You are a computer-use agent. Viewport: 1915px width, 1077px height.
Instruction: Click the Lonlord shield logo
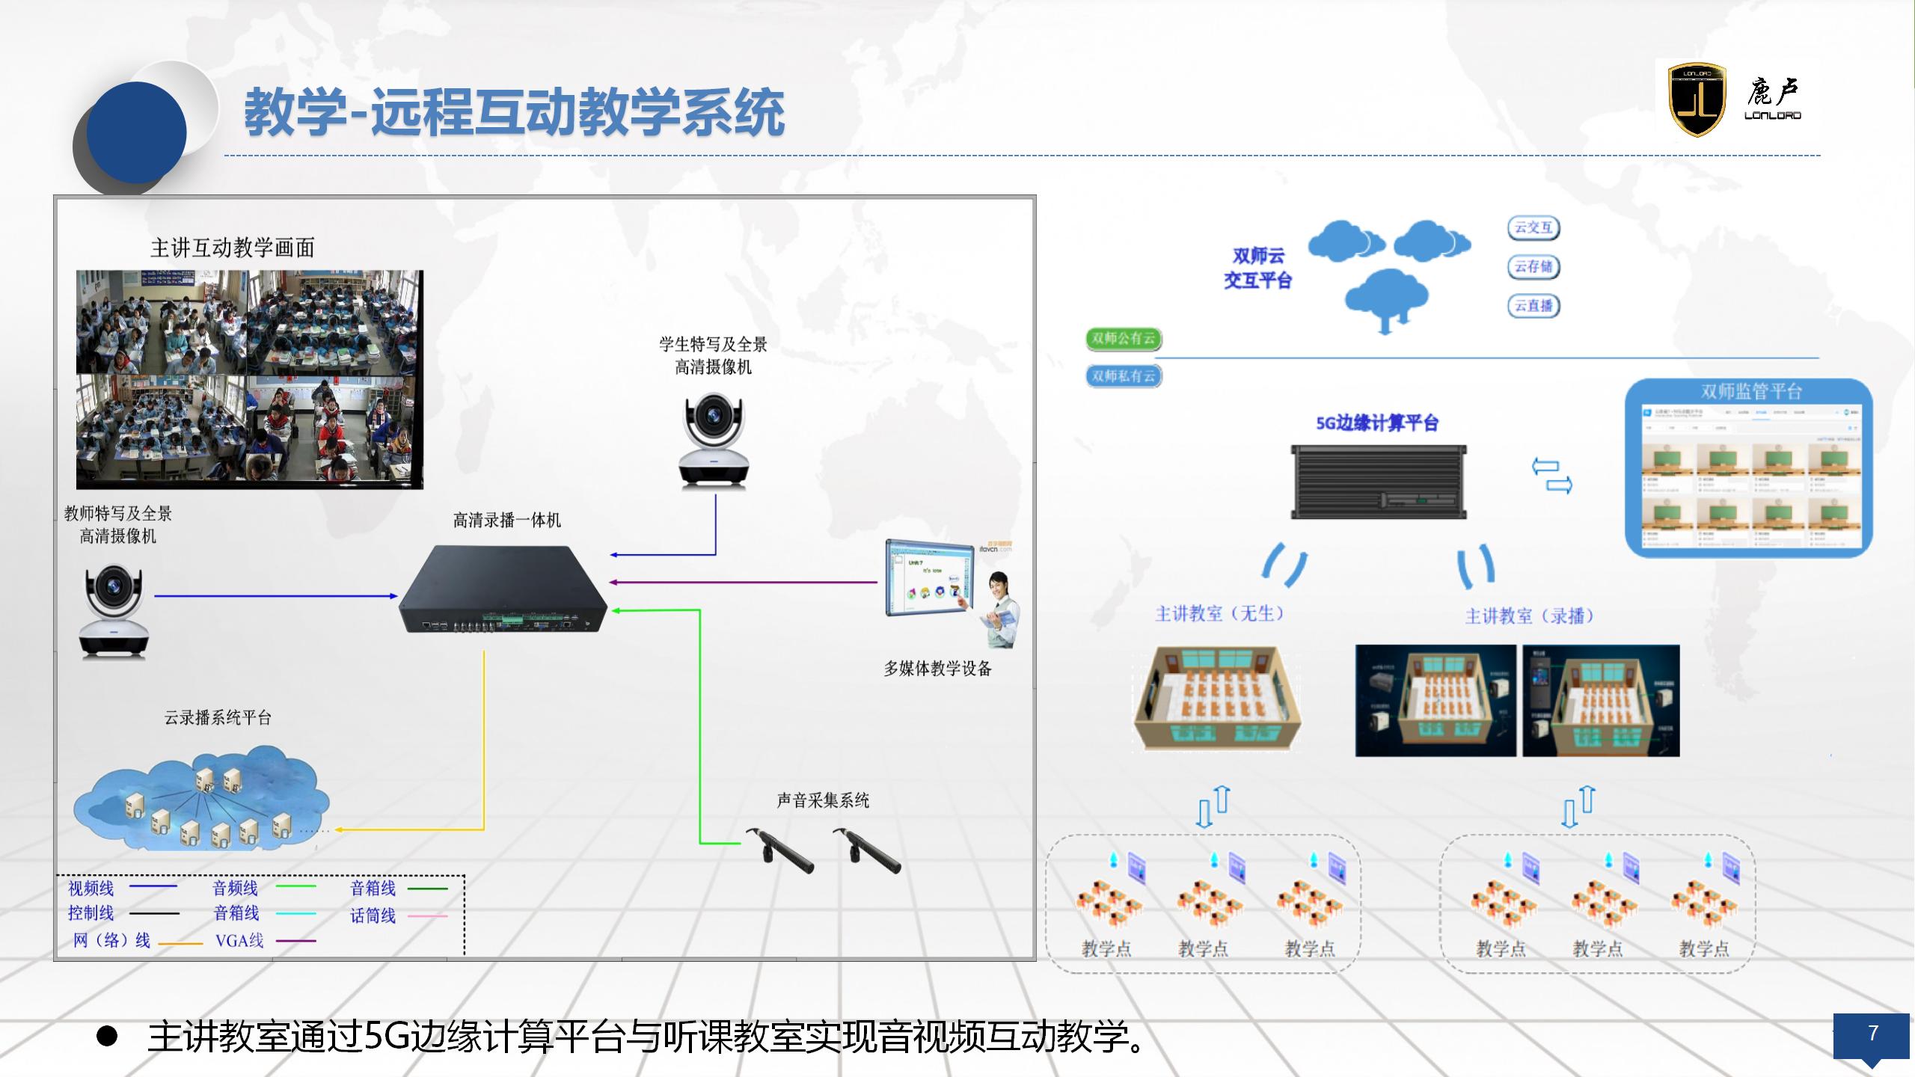(1697, 99)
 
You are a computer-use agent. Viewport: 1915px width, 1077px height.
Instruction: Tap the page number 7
(1872, 1033)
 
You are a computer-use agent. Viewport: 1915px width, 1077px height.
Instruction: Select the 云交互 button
(1533, 228)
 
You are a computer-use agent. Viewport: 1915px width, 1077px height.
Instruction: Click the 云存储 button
(1533, 267)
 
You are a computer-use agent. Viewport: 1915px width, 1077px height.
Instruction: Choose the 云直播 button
(1533, 306)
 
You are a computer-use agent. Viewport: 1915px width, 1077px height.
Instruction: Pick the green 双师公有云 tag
(1123, 338)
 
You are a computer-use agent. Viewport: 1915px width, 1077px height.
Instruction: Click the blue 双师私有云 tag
(1123, 375)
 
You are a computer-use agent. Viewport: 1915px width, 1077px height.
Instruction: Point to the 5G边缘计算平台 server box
(1378, 481)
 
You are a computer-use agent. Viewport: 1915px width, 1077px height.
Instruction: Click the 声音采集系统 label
(823, 800)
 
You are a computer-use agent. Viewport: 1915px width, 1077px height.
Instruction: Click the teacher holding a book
(999, 610)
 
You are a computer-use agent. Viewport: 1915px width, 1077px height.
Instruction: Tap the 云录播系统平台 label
(218, 718)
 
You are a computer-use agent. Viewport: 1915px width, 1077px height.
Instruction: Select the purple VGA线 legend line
(296, 941)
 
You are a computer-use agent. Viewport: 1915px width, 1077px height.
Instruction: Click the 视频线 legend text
(91, 888)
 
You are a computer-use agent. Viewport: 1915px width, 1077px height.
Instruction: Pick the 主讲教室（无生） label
(1219, 614)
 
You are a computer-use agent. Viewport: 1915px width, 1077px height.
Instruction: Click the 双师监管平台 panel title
(1751, 391)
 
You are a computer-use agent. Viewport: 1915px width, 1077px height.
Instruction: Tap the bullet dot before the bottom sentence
(107, 1036)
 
